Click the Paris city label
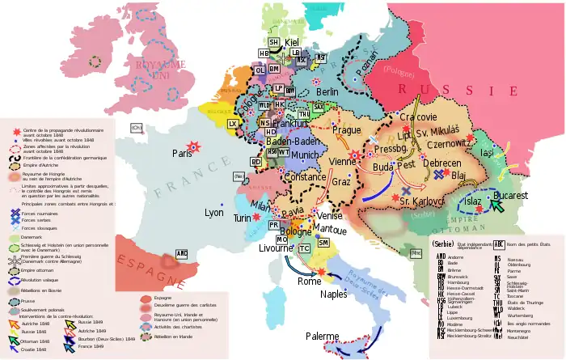[x=182, y=154]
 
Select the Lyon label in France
[x=214, y=213]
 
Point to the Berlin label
[x=327, y=93]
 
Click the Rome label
[x=310, y=282]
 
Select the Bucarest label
[x=510, y=196]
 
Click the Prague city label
[x=346, y=130]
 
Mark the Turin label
[x=243, y=218]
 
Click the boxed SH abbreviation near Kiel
[x=273, y=42]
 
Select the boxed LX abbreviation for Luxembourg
[x=233, y=124]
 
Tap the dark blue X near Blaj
[x=438, y=174]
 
